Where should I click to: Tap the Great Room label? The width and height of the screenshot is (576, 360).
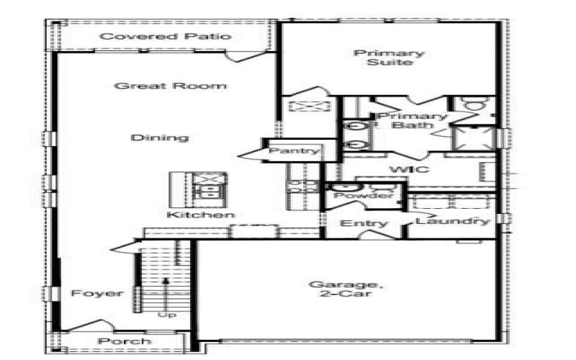(x=171, y=86)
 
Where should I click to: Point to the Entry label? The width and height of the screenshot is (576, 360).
(x=364, y=224)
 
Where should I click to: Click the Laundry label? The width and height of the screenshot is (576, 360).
(x=454, y=222)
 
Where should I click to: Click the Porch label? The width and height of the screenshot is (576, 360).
(x=125, y=341)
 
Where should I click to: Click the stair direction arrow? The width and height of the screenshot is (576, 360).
(x=166, y=292)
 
